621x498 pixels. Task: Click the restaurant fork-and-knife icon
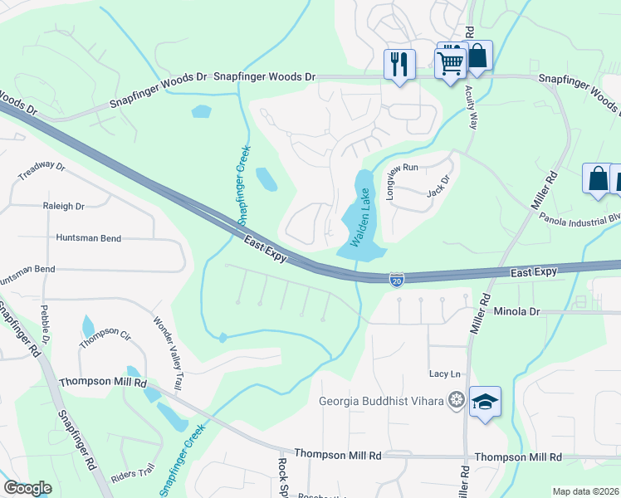coord(399,64)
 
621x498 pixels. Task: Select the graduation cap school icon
coord(485,403)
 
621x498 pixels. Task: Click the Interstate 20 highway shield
coord(398,281)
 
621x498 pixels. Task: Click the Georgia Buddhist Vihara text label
coord(382,402)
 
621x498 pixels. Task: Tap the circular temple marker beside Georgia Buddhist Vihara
coord(455,402)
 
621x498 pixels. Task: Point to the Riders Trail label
coord(133,476)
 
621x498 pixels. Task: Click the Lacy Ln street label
coord(444,374)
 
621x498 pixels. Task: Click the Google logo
coord(27,488)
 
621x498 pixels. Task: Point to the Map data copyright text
coord(585,491)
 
